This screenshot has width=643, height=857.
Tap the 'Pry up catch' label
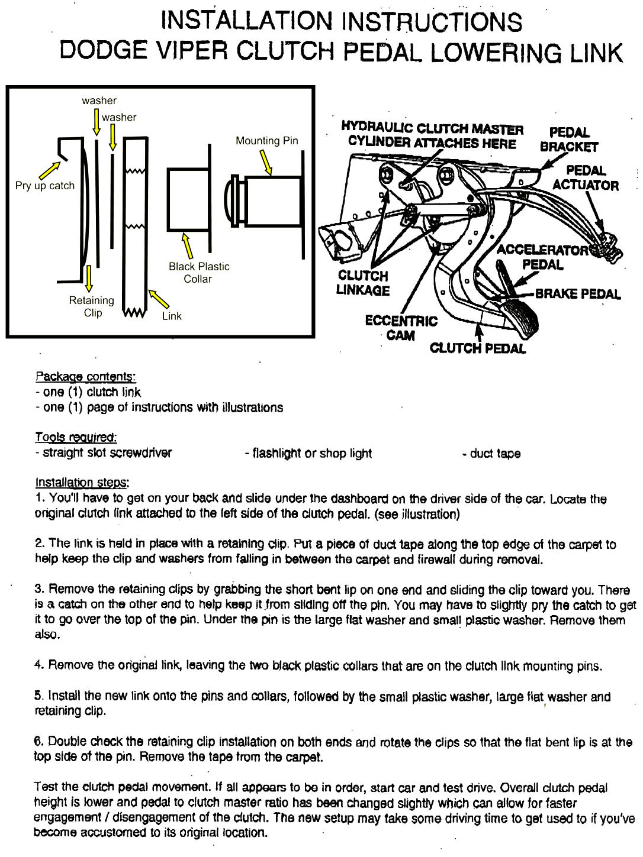point(45,186)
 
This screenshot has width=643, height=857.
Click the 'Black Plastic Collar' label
point(198,273)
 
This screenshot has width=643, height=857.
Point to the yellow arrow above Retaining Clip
point(89,278)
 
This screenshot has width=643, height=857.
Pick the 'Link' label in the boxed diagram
point(172,316)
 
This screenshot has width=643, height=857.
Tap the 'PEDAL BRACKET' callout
point(569,140)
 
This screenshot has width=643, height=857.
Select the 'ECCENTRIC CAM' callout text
point(401,328)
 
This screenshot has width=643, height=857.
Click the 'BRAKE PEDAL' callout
point(578,294)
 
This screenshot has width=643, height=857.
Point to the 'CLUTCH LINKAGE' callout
point(363,283)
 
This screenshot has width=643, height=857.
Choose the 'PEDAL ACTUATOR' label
point(585,178)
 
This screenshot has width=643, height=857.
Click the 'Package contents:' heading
point(86,377)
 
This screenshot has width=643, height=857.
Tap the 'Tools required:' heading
point(76,438)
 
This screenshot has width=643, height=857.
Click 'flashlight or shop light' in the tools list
point(308,454)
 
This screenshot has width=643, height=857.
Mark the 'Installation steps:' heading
point(82,483)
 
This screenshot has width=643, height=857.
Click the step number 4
point(38,665)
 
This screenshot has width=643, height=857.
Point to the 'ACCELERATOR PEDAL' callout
point(542,257)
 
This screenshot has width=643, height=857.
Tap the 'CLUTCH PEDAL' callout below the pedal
point(477,348)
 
